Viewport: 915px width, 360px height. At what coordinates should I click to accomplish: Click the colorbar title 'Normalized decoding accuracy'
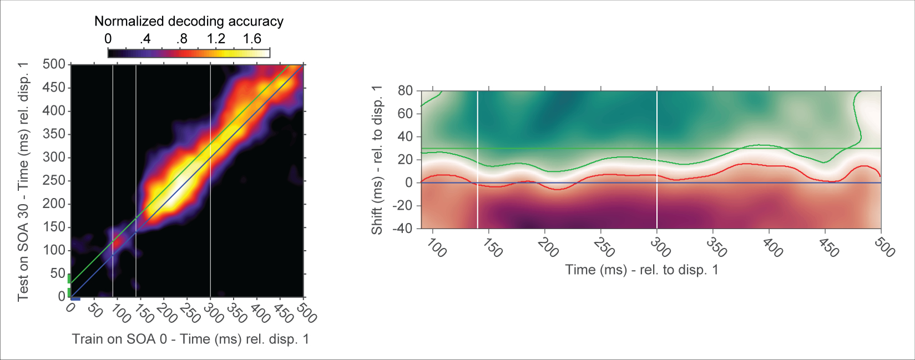(189, 21)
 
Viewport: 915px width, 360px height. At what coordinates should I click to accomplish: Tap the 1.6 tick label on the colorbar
(252, 39)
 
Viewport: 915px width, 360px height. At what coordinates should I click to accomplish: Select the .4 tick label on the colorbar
(145, 39)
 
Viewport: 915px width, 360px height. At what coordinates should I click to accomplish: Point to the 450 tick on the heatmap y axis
(54, 88)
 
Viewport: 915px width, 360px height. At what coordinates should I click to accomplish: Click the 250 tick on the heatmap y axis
(54, 181)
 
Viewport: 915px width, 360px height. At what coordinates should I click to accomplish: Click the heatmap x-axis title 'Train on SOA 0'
(190, 339)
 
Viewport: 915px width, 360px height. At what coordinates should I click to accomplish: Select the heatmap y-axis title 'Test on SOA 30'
(23, 181)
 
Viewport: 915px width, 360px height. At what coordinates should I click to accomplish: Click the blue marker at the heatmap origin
(75, 298)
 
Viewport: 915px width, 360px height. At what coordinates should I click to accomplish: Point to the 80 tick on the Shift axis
(405, 90)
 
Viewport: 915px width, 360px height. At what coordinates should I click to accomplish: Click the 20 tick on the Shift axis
(405, 160)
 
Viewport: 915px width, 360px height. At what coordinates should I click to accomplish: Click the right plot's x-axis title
(641, 270)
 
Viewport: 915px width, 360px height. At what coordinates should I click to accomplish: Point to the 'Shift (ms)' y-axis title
(377, 160)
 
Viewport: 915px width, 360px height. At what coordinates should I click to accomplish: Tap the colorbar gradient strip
(189, 53)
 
